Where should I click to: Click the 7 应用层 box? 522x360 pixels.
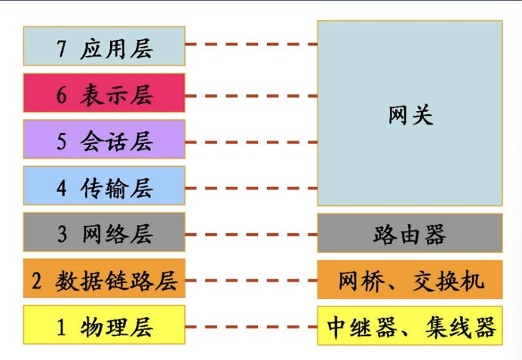coord(104,46)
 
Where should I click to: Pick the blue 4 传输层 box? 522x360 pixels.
coord(104,186)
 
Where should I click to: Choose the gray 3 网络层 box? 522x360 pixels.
coord(104,232)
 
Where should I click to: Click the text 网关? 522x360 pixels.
coord(410,115)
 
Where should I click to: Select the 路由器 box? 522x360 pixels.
coord(410,233)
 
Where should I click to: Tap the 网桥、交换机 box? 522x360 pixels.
coord(410,280)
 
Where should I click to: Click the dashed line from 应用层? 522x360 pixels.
coord(250,45)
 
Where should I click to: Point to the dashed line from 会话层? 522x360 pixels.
coord(250,142)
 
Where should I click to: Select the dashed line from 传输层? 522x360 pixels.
coord(250,188)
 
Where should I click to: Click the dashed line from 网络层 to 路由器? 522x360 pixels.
coord(250,235)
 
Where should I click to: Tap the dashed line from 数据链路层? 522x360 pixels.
coord(250,281)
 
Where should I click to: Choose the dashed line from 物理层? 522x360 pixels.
coord(250,327)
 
